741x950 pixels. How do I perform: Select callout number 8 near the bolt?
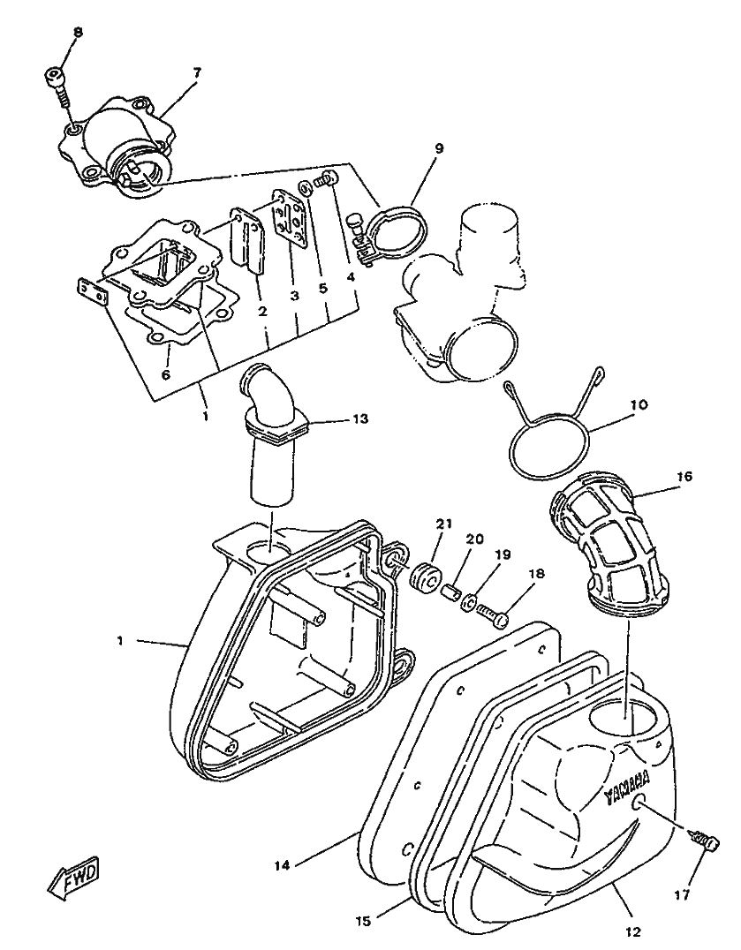[x=78, y=33]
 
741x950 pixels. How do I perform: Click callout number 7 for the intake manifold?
[x=196, y=72]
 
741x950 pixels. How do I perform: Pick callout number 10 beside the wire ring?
[x=639, y=405]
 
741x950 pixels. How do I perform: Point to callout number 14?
[x=282, y=866]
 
